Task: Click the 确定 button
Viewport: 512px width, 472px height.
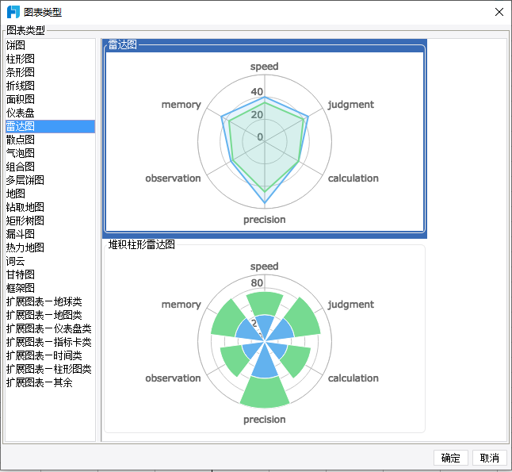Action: [450, 458]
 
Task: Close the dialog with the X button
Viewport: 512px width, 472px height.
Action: [499, 12]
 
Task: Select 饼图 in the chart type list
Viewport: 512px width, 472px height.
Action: [16, 45]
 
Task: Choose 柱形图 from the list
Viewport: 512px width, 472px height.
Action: [21, 59]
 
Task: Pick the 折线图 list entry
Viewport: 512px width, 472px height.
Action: [21, 86]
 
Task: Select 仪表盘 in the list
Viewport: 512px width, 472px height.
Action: [21, 113]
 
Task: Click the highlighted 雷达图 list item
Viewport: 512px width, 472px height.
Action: [21, 126]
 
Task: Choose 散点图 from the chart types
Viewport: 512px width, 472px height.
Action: [21, 140]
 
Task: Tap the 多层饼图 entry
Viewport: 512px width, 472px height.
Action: [25, 180]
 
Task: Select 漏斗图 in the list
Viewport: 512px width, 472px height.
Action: [21, 234]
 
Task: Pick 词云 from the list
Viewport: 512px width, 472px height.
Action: [16, 261]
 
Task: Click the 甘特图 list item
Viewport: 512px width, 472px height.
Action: [21, 274]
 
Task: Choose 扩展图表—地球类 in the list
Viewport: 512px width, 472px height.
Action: [44, 301]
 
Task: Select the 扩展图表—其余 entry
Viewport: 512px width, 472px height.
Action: [40, 382]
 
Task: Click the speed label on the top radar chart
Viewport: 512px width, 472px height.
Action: [265, 67]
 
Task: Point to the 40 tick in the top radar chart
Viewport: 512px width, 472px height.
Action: [257, 92]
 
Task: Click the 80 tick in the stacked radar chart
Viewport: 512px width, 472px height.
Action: [257, 283]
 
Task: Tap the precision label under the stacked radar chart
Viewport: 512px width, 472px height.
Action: [265, 420]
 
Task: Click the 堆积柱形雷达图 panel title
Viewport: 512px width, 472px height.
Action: [141, 245]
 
